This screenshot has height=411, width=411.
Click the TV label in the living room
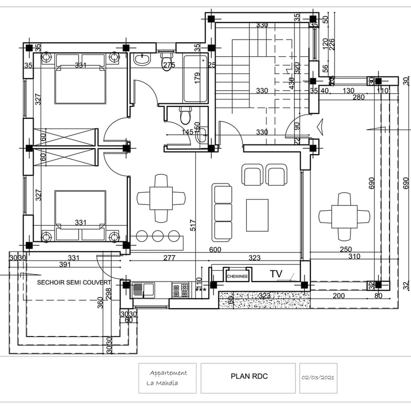click(276, 274)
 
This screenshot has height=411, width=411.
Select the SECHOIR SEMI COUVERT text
click(74, 282)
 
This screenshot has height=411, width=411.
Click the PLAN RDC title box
click(249, 377)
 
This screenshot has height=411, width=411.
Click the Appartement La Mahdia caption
click(167, 378)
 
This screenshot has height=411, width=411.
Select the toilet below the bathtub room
click(185, 115)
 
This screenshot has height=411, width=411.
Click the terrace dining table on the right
click(344, 217)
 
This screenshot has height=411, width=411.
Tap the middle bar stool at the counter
click(158, 235)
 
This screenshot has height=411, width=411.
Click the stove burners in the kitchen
click(180, 290)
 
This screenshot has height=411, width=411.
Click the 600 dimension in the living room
click(215, 249)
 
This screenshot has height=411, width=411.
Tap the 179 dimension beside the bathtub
click(197, 78)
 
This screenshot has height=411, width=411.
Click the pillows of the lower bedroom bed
click(80, 234)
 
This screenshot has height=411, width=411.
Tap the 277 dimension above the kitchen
click(169, 258)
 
